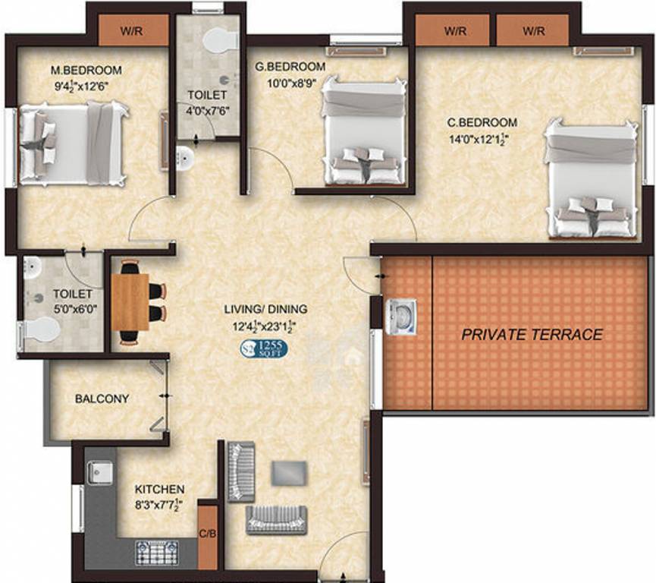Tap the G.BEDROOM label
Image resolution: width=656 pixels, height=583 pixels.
[290, 67]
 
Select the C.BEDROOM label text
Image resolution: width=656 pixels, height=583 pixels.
[482, 122]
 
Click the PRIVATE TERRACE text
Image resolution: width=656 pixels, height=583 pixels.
[532, 334]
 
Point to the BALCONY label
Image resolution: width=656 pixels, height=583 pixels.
[102, 399]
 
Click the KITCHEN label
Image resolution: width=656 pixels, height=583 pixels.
[159, 490]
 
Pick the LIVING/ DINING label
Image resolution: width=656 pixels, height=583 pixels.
[265, 309]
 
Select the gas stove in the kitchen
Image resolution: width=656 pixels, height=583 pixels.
[157, 552]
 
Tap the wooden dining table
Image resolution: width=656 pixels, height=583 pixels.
[130, 301]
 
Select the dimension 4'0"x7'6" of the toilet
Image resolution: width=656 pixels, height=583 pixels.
[207, 110]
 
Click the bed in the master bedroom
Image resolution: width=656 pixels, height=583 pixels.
[72, 144]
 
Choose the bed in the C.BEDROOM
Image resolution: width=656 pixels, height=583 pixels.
[590, 181]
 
